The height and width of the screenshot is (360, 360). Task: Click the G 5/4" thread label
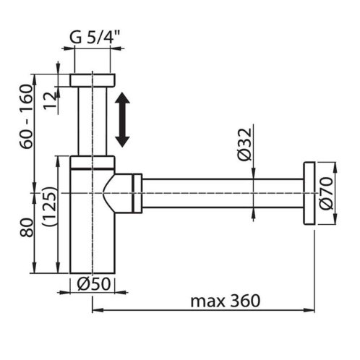click(95, 38)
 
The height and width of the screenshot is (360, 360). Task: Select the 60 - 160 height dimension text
click(26, 116)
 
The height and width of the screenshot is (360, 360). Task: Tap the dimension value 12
click(50, 100)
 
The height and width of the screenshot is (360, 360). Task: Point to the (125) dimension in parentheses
click(49, 206)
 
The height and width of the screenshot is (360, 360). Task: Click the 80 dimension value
click(27, 228)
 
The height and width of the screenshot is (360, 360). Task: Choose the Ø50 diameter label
click(94, 284)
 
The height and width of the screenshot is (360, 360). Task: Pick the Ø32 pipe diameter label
click(244, 145)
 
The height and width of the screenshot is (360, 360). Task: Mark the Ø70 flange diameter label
click(326, 194)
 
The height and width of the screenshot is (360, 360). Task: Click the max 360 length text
click(226, 301)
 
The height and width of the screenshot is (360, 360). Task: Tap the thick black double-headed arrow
click(122, 119)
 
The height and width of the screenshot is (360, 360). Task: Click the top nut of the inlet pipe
click(93, 80)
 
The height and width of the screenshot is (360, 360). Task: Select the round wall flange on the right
click(309, 193)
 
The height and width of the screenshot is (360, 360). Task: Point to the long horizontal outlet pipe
click(223, 193)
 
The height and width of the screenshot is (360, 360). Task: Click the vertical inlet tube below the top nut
click(93, 121)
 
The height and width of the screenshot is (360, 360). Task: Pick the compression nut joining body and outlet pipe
click(137, 193)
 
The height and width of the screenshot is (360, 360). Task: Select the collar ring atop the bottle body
click(93, 163)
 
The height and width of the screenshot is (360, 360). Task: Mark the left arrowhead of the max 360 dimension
click(98, 310)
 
